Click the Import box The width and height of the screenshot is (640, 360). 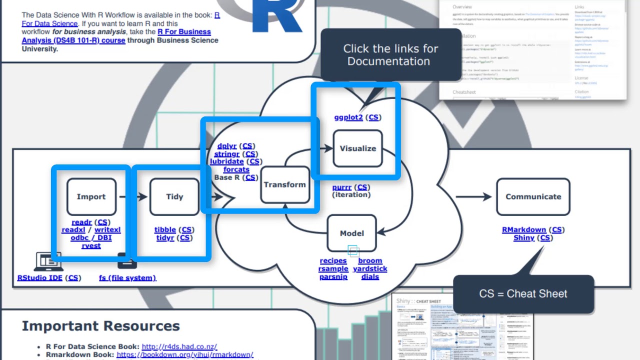[x=91, y=196]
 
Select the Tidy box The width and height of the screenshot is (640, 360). [x=174, y=196]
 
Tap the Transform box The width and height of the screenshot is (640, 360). [x=284, y=184]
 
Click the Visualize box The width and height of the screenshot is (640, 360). [x=357, y=148]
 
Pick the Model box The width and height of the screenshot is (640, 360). [x=351, y=233]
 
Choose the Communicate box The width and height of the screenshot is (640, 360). [x=533, y=196]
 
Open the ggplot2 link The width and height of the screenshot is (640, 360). [x=348, y=117]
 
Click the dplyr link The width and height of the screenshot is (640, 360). [x=227, y=146]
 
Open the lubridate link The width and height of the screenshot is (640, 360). [x=227, y=161]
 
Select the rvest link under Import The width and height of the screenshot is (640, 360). [x=91, y=245]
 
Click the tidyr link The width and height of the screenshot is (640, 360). [x=165, y=237]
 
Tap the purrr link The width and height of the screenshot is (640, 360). [x=342, y=187]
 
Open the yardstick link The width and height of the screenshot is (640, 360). [x=370, y=268]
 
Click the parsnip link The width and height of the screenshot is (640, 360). [x=333, y=276]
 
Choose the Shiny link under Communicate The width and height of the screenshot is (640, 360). [x=524, y=237]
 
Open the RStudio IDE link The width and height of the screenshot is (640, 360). [x=40, y=277]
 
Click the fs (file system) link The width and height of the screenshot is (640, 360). [x=127, y=277]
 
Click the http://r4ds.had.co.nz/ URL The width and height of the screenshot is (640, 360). [x=179, y=346]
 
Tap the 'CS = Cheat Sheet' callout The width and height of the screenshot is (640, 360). [x=523, y=293]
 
